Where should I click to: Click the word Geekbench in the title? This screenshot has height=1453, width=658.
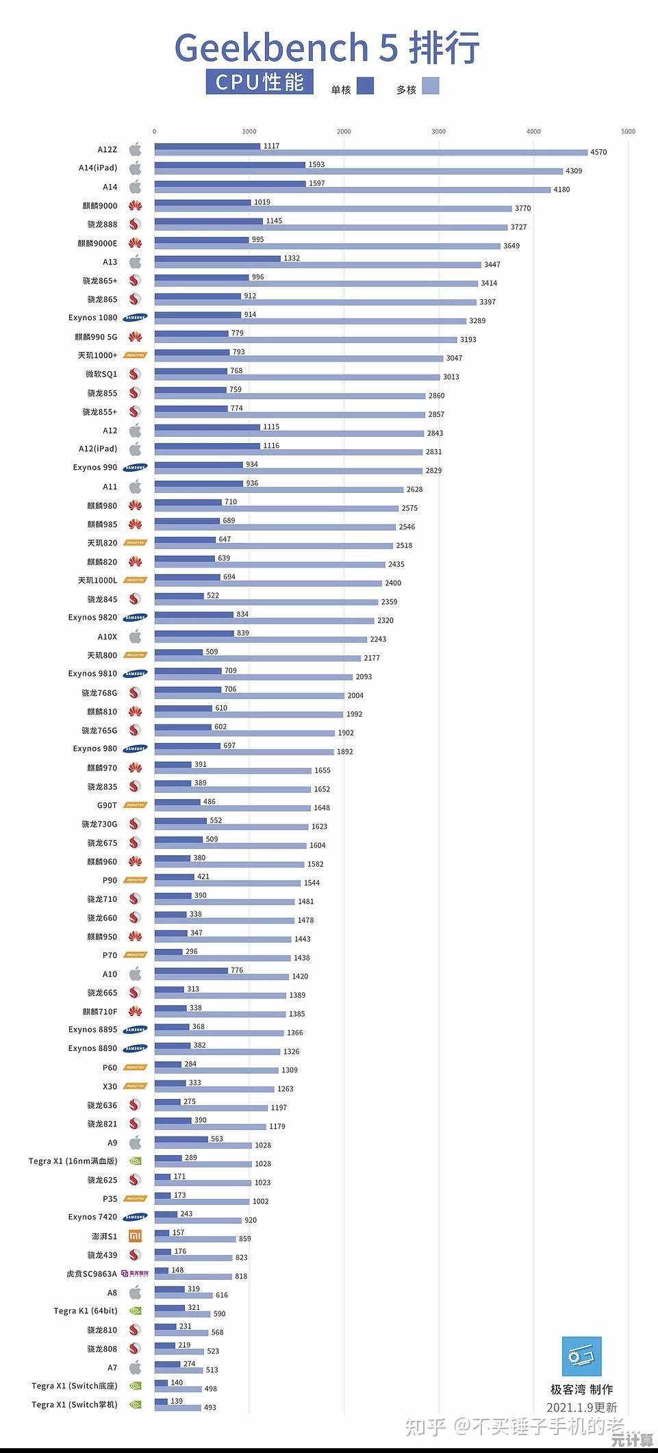[272, 48]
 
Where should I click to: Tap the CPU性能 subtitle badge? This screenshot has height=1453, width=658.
[260, 82]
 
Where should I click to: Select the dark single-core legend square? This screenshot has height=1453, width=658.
[365, 86]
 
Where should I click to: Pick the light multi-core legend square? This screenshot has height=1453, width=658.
[430, 86]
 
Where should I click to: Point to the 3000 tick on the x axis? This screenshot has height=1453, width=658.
[438, 131]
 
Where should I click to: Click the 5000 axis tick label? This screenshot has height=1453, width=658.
[628, 131]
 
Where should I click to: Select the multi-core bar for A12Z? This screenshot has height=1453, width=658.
[370, 153]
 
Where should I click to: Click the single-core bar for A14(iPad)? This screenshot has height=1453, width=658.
[229, 165]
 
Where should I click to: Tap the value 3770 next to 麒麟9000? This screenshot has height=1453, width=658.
[522, 208]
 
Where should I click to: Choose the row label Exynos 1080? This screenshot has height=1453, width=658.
[92, 318]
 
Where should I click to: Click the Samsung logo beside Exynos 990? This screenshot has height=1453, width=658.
[135, 468]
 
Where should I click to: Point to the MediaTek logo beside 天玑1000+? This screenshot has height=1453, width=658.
[135, 355]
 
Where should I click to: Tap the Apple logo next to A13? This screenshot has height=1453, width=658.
[135, 262]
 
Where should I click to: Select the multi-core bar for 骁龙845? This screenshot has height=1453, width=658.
[266, 602]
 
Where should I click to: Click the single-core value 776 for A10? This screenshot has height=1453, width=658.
[237, 970]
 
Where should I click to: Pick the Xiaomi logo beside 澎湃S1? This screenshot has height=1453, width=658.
[136, 1236]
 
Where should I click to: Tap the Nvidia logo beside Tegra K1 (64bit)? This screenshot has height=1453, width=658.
[136, 1311]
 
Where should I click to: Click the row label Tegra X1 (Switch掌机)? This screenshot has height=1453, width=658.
[74, 1404]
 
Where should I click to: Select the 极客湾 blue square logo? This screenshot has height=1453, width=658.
[581, 1356]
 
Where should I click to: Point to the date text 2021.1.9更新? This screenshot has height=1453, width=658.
[581, 1408]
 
